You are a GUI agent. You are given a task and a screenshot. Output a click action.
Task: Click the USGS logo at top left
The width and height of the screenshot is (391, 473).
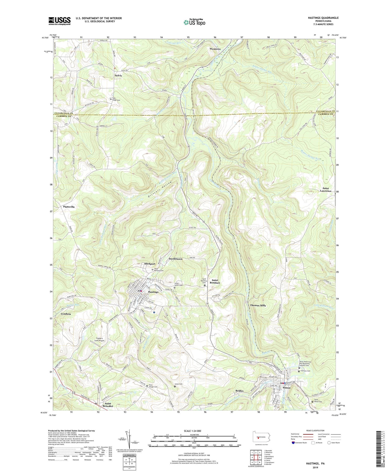coord(59,21)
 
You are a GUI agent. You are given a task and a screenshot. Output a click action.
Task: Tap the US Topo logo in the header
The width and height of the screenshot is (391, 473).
coord(194,22)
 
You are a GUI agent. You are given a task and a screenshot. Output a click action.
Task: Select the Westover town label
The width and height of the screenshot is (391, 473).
coord(215,49)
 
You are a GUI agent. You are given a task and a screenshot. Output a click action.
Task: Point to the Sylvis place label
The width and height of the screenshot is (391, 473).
coord(118,75)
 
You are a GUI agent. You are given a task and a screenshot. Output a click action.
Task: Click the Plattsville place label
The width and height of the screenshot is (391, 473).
coord(69,207)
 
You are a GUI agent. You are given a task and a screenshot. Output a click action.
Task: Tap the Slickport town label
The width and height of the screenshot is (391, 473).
coord(150,264)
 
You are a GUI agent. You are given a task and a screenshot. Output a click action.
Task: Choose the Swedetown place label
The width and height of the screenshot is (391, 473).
coord(176,259)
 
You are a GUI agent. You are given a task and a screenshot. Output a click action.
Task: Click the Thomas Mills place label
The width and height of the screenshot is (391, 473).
coord(258,305)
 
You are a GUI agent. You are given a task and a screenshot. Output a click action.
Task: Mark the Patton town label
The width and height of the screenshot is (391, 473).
coord(286,388)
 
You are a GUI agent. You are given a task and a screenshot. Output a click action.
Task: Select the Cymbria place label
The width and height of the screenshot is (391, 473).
coord(66,314)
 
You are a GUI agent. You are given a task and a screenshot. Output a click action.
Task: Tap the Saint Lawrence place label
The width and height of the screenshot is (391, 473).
coord(326,189)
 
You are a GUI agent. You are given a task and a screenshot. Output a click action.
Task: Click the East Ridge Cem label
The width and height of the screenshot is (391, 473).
coord(116,99)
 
